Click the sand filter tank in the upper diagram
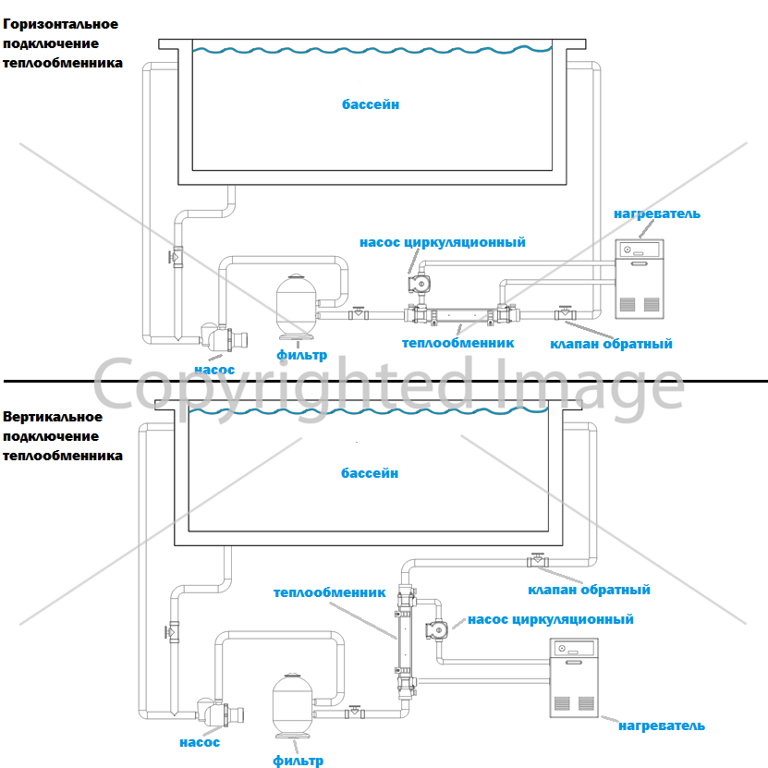click(297, 307)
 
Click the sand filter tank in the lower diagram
click(293, 706)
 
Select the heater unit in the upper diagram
click(640, 279)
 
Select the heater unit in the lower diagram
click(574, 677)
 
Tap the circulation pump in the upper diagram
click(420, 284)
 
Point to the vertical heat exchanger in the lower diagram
click(406, 641)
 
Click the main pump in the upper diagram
click(224, 337)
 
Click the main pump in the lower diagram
click(220, 713)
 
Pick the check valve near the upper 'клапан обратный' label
click(566, 313)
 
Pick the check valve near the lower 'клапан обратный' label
click(538, 560)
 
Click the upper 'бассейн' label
click(371, 104)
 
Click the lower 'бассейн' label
click(370, 473)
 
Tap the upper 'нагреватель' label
click(657, 213)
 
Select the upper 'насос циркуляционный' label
click(443, 242)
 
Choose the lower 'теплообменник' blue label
click(329, 592)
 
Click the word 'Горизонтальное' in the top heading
click(60, 24)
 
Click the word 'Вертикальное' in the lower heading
click(53, 417)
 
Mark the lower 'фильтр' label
click(298, 761)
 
